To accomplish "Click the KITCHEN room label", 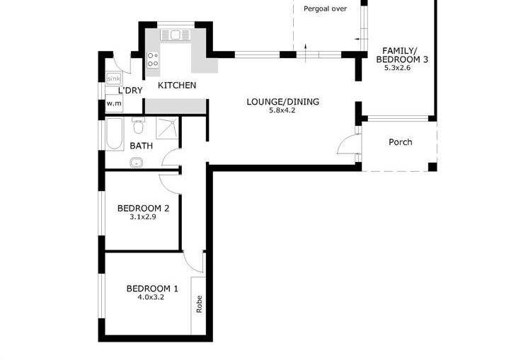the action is pos(177,85).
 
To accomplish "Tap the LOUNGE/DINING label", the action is pos(282,102).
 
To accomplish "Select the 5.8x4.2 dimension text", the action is pos(282,110).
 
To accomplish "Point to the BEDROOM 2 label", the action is pos(143,208).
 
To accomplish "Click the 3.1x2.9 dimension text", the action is pos(142,217).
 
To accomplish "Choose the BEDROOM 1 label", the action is pos(152,289).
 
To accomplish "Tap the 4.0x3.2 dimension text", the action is pos(151,298).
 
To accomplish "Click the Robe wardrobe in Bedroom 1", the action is pos(198,306).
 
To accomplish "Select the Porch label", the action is pos(400,142).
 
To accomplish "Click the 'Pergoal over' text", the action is pos(325,9).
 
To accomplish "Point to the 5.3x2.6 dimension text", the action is pos(397,68).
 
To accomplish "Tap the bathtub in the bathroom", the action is pos(115,134).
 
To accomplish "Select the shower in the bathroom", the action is pos(167,128).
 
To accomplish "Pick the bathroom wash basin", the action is pos(136,163).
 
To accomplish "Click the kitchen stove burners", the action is pos(153,59).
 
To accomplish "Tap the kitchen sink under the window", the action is pos(175,35).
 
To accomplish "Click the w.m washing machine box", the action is pos(114,103).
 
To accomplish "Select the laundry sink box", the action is pos(114,79).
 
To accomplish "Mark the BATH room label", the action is pos(141,146).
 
